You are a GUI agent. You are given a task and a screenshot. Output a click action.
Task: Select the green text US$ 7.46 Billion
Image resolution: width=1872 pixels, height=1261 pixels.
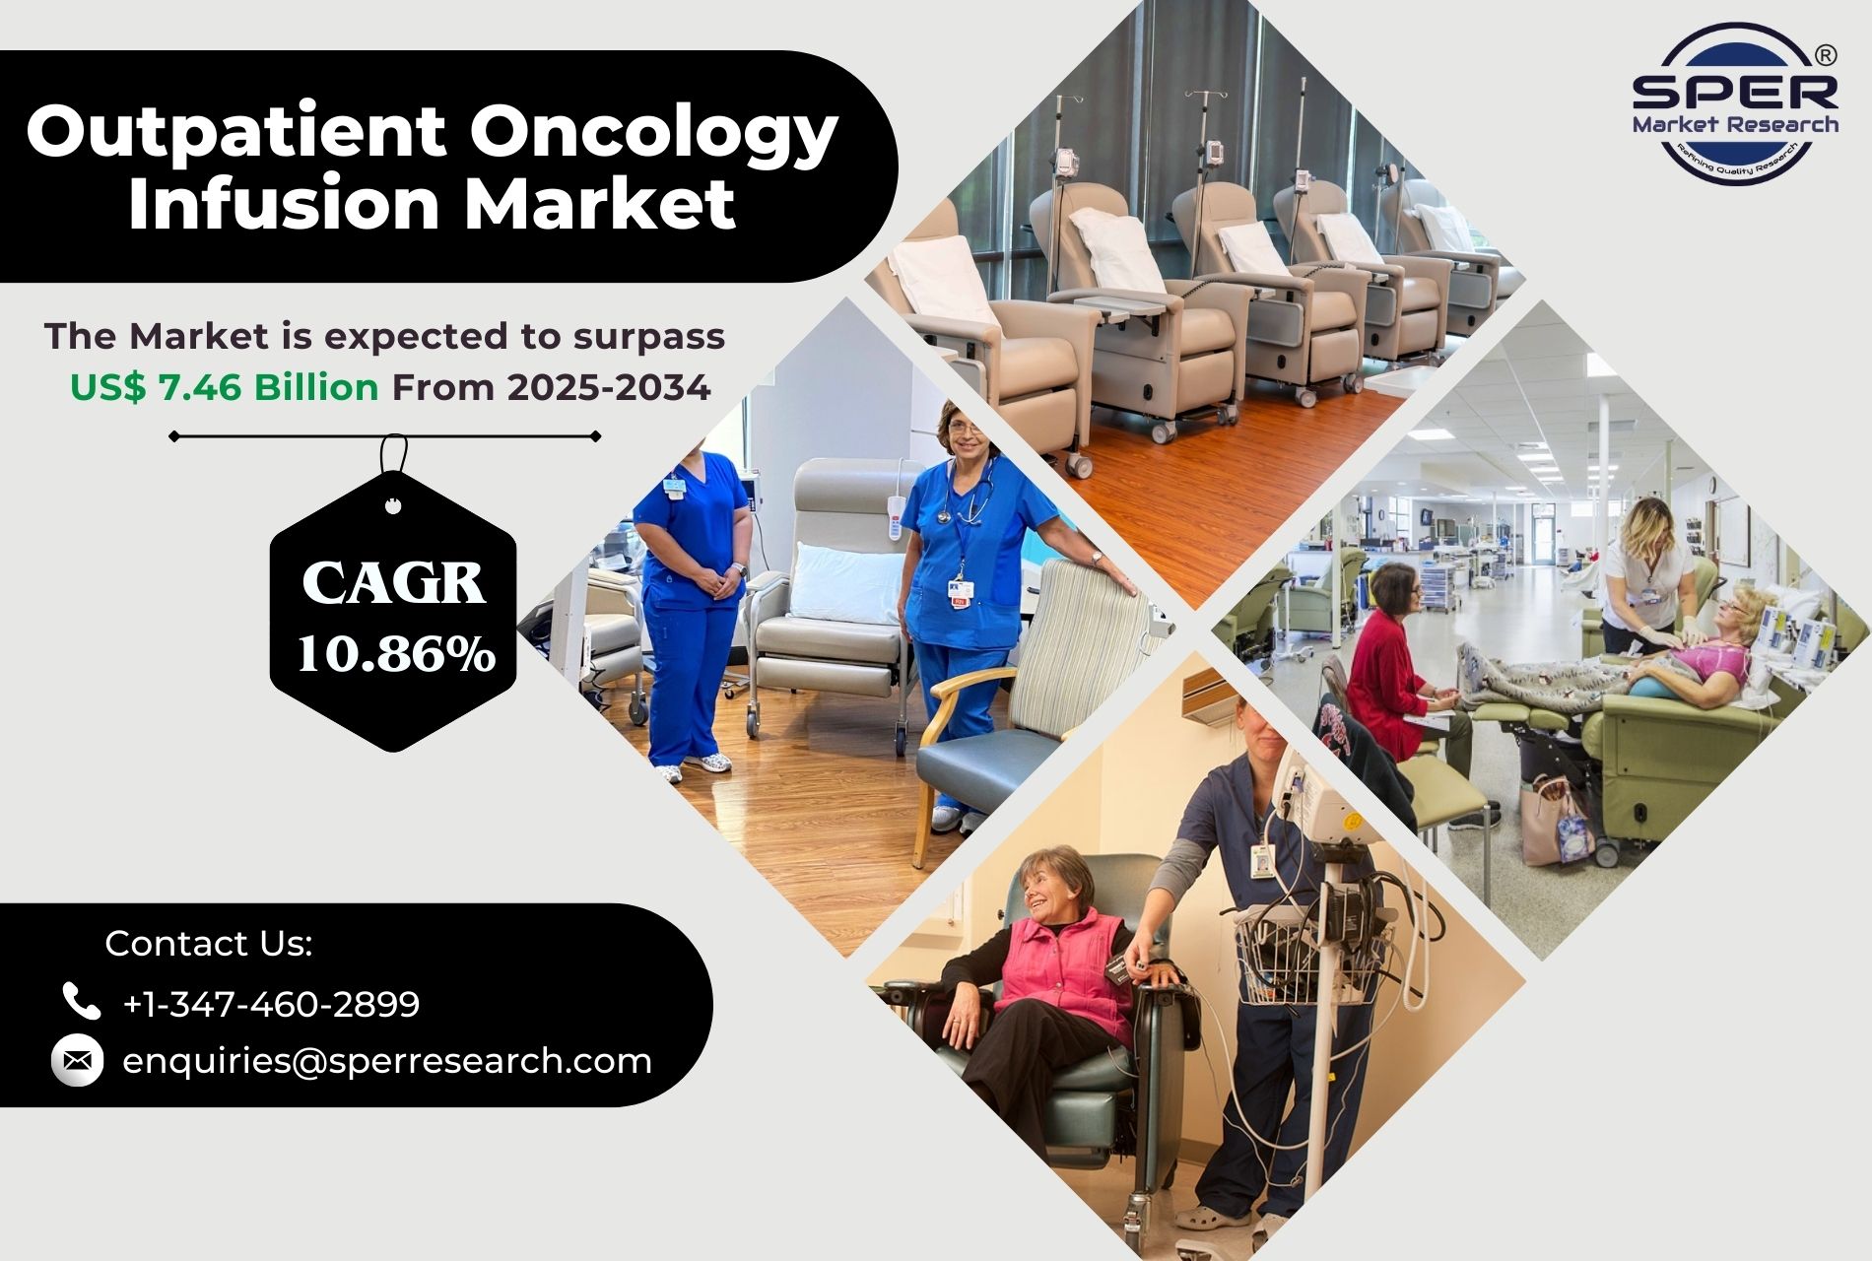coord(225,387)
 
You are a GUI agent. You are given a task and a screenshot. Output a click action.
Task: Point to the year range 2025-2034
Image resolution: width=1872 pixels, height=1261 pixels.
coord(609,387)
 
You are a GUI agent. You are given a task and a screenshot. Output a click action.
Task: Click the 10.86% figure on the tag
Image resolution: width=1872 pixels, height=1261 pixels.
coord(395,652)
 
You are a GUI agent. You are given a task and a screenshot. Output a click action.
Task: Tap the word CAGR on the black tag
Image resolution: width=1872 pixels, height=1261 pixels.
coord(394,583)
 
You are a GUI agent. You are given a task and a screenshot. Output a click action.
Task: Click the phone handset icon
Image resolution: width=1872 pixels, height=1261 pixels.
coord(81,1001)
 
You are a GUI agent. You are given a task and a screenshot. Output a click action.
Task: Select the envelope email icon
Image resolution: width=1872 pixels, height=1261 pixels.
coord(77,1061)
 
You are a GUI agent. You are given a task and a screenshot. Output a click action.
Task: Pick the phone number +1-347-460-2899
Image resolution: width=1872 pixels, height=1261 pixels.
coord(271,1004)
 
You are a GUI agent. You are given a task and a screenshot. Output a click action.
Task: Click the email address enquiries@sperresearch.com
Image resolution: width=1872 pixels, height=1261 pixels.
coord(387,1061)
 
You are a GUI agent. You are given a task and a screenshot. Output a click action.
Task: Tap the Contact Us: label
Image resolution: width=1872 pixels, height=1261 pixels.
coord(209,943)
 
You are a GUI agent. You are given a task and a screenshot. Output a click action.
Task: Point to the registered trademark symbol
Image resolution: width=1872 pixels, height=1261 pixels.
coord(1825,55)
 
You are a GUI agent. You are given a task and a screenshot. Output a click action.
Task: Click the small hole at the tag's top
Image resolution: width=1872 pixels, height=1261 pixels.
coord(393,507)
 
